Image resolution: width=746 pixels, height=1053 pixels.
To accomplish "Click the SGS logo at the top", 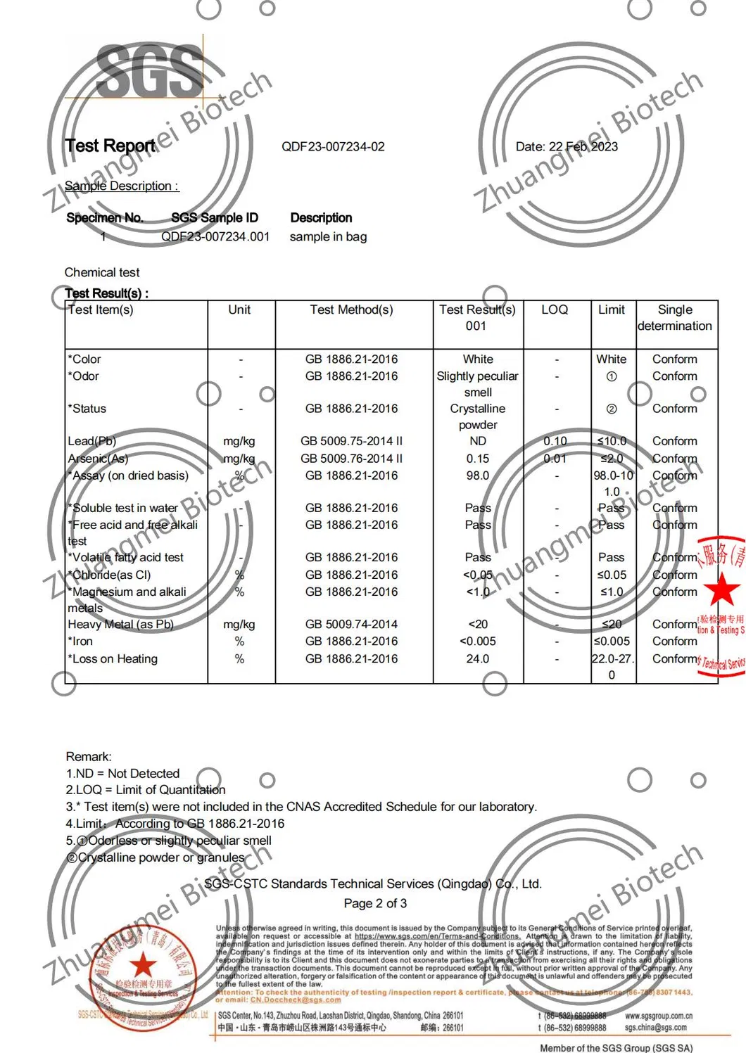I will click(x=150, y=72).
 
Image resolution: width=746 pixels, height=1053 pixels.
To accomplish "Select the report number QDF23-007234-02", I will click(x=333, y=147).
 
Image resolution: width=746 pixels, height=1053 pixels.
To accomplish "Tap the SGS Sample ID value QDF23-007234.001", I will click(x=215, y=237).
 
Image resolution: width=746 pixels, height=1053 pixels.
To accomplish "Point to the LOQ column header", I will click(x=555, y=309).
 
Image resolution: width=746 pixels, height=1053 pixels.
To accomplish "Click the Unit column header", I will click(x=239, y=309).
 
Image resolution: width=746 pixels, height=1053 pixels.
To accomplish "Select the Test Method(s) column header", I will click(x=351, y=309).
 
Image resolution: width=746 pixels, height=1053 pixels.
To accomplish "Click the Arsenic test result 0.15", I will click(x=478, y=459).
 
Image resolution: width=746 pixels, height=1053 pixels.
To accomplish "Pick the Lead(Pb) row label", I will click(x=92, y=441).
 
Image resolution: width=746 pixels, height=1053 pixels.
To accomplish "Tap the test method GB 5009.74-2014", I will click(x=351, y=624).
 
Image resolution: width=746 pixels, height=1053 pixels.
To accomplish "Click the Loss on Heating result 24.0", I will click(x=478, y=659).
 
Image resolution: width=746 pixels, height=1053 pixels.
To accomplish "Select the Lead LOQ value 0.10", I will click(x=555, y=441).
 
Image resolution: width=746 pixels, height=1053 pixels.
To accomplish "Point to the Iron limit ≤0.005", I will click(x=612, y=642).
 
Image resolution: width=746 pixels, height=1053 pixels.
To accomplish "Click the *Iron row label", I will click(x=80, y=642).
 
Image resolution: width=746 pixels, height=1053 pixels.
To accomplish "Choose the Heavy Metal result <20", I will click(x=478, y=624).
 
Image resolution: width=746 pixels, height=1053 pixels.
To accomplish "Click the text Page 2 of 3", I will click(x=375, y=903).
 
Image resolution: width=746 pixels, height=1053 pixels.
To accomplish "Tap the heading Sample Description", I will click(x=121, y=186).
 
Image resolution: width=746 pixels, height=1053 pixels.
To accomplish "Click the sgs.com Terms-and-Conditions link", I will click(x=437, y=936).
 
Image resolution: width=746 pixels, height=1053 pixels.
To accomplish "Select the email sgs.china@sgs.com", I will click(x=655, y=1028).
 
